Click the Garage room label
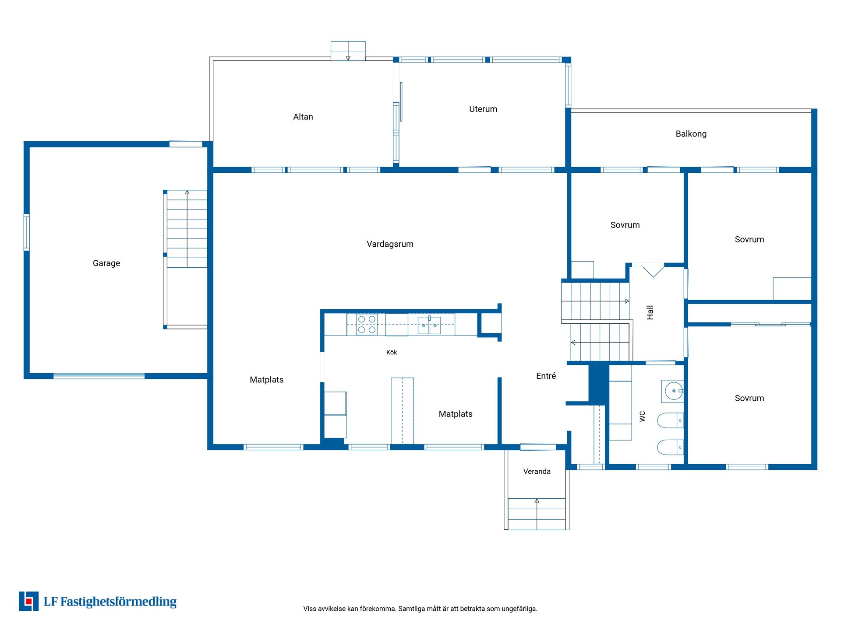point(106,263)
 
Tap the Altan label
point(303,117)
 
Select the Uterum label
point(483,109)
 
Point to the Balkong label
point(691,134)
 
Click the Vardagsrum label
point(390,244)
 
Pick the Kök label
point(392,352)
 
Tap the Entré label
point(546,376)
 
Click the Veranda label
point(537,471)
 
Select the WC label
point(643,416)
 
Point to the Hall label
point(650,312)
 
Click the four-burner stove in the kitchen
point(367,324)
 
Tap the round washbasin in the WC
point(673,391)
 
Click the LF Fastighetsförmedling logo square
point(28,601)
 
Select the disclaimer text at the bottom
point(420,609)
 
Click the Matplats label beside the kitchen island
point(456,414)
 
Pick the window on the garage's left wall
point(27,232)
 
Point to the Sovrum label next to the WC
point(749,398)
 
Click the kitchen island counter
point(402,411)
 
